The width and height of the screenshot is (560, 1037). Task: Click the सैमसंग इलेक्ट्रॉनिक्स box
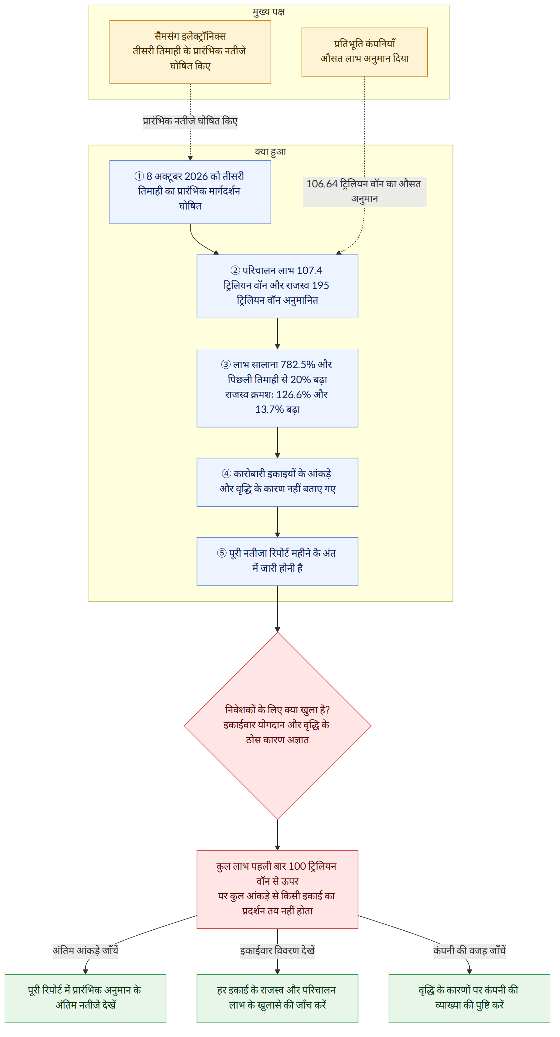tap(190, 52)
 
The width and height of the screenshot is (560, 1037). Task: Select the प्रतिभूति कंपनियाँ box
tap(364, 52)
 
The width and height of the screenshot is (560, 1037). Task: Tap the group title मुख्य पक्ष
tap(268, 12)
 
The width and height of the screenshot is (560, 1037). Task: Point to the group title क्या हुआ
tap(270, 152)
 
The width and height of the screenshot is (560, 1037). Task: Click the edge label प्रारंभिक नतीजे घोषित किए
tap(190, 121)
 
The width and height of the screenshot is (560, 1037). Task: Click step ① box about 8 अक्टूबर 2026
tap(190, 192)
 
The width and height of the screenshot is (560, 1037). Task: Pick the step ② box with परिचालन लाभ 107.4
tap(277, 286)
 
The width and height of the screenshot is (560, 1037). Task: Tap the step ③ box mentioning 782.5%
tap(277, 388)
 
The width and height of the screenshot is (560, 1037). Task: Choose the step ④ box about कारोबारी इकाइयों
tap(277, 482)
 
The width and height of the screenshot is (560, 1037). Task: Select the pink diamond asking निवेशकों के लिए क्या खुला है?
tap(277, 726)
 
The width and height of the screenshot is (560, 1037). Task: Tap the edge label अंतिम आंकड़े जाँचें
tap(85, 951)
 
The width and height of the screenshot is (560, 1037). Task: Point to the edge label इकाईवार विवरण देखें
tap(277, 951)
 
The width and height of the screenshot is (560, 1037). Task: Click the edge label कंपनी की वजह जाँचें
tap(469, 951)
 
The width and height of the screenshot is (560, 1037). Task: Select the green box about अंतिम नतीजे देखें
tap(85, 998)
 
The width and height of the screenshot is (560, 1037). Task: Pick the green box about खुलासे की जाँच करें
tap(277, 998)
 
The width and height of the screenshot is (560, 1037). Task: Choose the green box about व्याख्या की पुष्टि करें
tap(469, 998)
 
